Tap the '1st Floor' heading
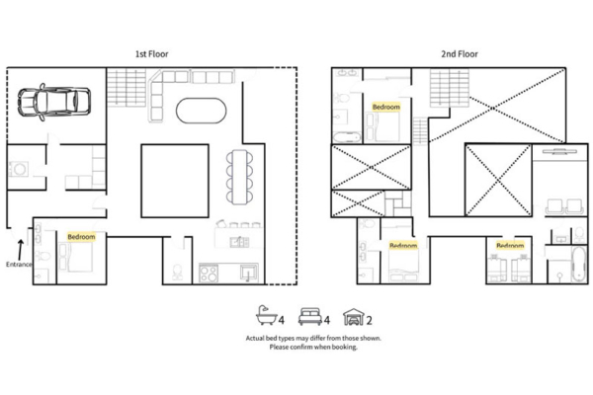pos(153,54)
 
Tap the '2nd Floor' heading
pos(461,54)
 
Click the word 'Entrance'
pos(20,265)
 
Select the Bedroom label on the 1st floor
pos(81,237)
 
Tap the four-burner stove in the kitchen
pos(209,273)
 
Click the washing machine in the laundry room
pos(19,169)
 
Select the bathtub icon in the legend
pos(265,317)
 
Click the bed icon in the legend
pos(308,317)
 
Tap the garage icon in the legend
pos(352,317)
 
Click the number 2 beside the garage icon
pos(370,319)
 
